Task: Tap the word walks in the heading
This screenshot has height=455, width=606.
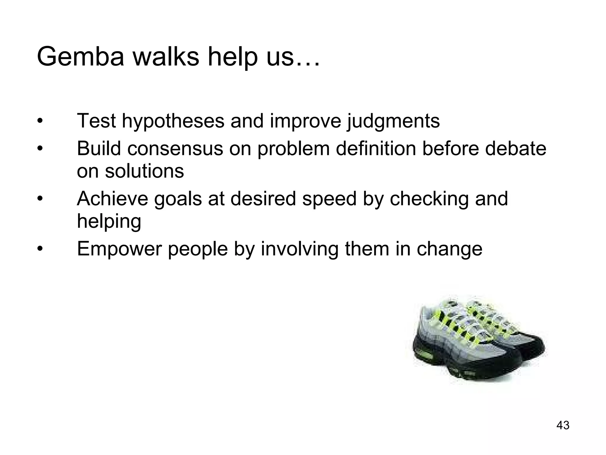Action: (x=166, y=57)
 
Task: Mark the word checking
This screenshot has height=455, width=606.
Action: (x=429, y=199)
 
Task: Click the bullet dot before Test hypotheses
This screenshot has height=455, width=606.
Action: (x=40, y=121)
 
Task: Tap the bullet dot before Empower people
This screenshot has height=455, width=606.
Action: (x=40, y=249)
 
